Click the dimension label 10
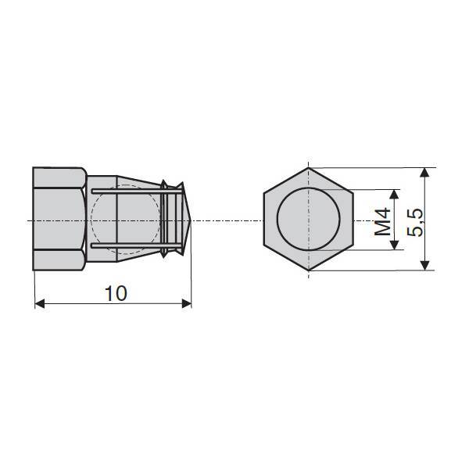[116, 294]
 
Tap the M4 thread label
[383, 221]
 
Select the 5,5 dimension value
[416, 222]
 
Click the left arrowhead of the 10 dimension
[40, 303]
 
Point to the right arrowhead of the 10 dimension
[187, 303]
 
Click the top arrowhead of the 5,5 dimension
[424, 173]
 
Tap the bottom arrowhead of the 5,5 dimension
[424, 266]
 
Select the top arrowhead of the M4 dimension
[395, 194]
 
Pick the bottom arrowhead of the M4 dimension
[395, 245]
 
